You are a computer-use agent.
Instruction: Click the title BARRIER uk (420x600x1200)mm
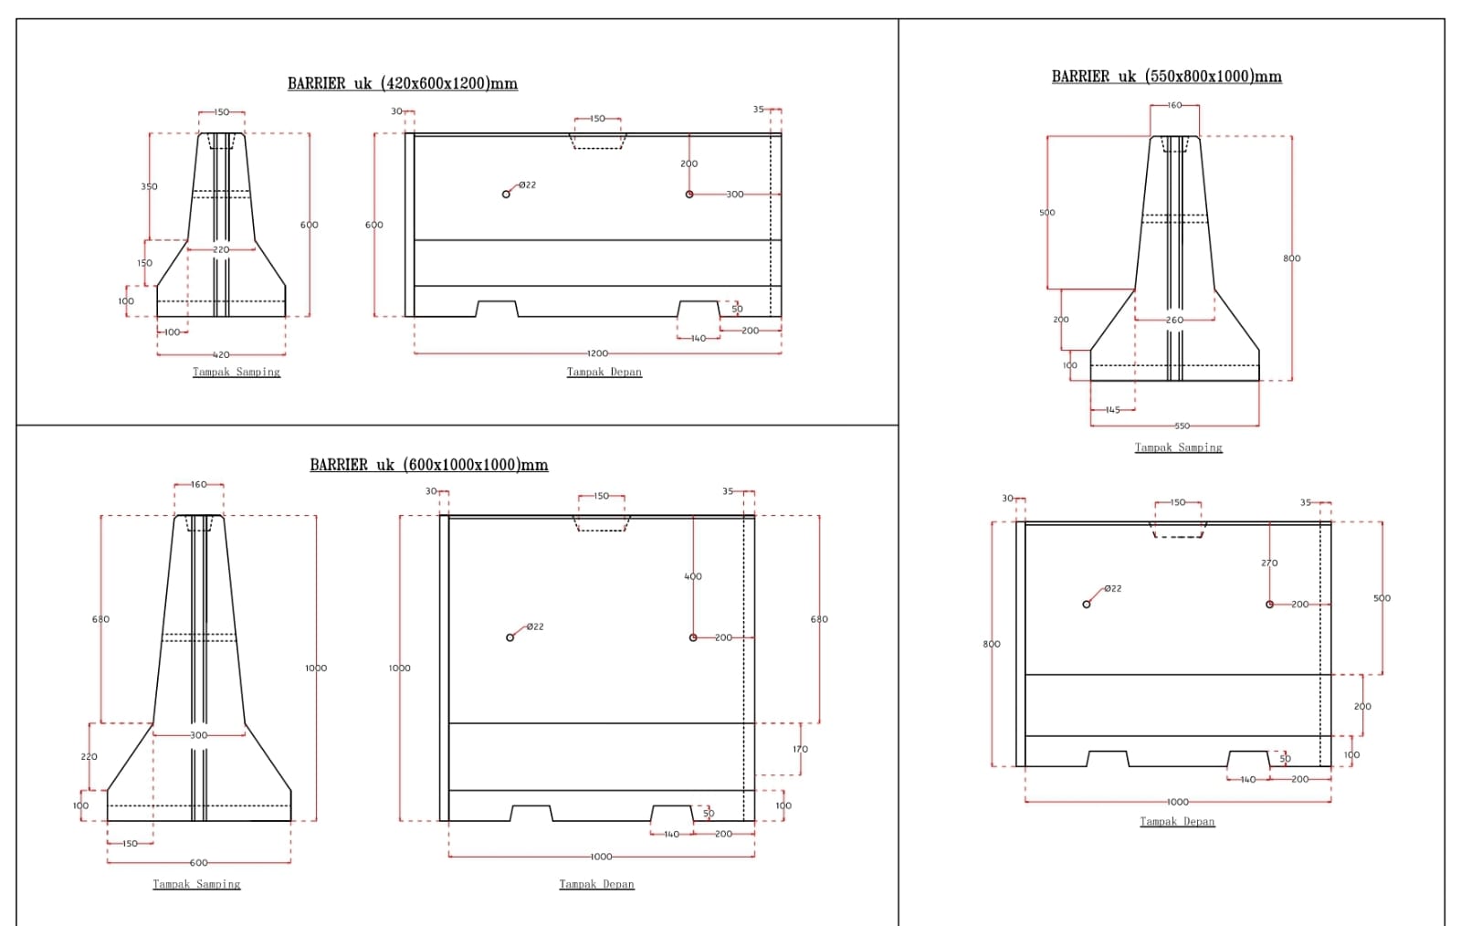pyautogui.click(x=402, y=83)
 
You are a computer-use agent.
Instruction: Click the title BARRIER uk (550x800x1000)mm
pyautogui.click(x=1166, y=77)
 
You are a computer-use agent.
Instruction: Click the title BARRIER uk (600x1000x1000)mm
pyautogui.click(x=428, y=465)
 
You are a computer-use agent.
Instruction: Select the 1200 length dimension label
pyautogui.click(x=597, y=353)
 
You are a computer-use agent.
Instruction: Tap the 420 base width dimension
pyautogui.click(x=221, y=354)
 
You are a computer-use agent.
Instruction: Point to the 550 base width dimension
pyautogui.click(x=1182, y=426)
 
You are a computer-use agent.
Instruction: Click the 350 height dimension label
pyautogui.click(x=149, y=186)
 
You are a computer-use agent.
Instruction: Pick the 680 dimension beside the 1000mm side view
pyautogui.click(x=100, y=619)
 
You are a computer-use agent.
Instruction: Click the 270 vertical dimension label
pyautogui.click(x=1269, y=563)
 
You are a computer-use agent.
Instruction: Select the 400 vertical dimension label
pyautogui.click(x=693, y=576)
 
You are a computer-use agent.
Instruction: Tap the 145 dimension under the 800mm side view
pyautogui.click(x=1112, y=410)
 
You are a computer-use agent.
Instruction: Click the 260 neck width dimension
pyautogui.click(x=1174, y=320)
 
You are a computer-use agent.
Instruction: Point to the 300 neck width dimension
pyautogui.click(x=198, y=735)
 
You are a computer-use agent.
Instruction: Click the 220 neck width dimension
pyautogui.click(x=221, y=249)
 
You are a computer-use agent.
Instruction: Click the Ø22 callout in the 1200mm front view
pyautogui.click(x=527, y=185)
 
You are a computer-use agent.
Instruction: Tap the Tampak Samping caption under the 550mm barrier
pyautogui.click(x=1178, y=447)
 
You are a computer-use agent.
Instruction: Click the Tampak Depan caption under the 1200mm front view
pyautogui.click(x=604, y=372)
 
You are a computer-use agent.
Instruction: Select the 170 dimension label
pyautogui.click(x=800, y=749)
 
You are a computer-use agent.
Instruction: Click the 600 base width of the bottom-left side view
pyautogui.click(x=198, y=862)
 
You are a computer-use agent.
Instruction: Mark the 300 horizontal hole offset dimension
pyautogui.click(x=734, y=195)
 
